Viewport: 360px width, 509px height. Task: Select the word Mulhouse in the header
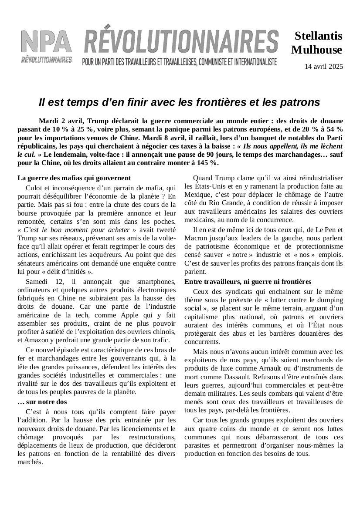pyautogui.click(x=317, y=50)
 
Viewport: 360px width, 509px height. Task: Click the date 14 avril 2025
pyautogui.click(x=324, y=67)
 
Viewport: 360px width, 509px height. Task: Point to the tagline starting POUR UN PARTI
pyautogui.click(x=180, y=62)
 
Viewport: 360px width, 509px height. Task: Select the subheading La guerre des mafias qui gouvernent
pyautogui.click(x=74, y=178)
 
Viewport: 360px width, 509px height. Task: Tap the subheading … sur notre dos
pyautogui.click(x=42, y=401)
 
